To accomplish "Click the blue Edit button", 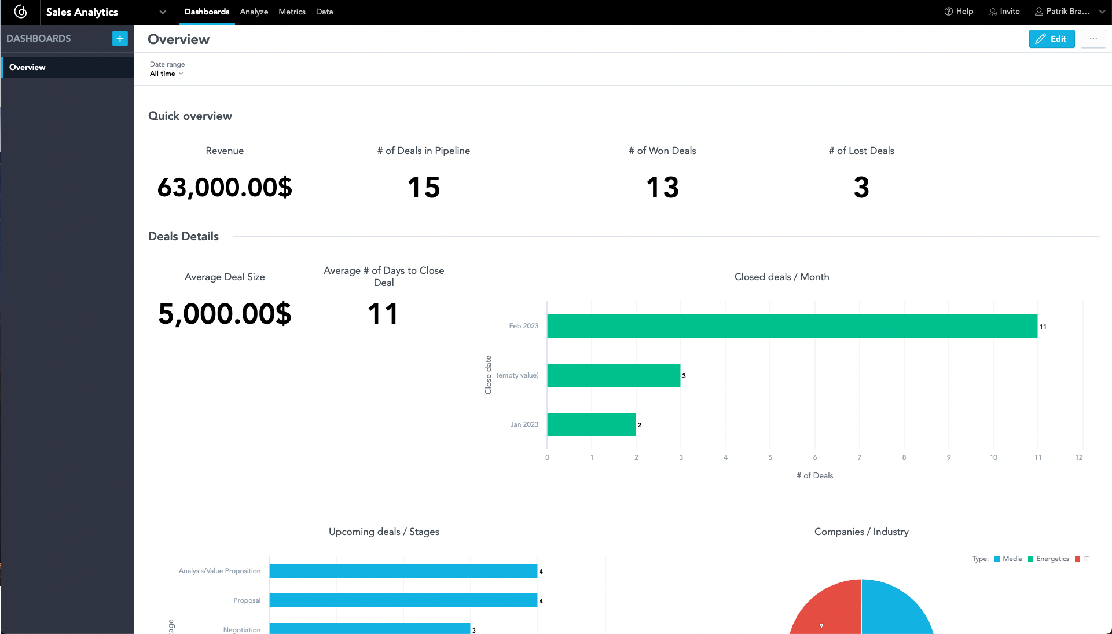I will click(1051, 39).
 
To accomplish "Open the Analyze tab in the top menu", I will click(254, 12).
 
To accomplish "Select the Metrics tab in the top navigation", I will click(292, 12).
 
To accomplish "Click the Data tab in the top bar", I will click(324, 12).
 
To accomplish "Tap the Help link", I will click(959, 12).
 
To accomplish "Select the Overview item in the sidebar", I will click(27, 67).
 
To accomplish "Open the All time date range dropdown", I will click(166, 74).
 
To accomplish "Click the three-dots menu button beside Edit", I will click(1093, 39).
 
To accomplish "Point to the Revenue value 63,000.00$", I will click(225, 187).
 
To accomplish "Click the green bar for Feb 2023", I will click(792, 326).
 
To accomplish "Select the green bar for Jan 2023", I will click(591, 424).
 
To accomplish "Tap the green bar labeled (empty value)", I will click(614, 375).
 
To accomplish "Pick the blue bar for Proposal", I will click(403, 600).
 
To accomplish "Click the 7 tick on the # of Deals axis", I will click(859, 457).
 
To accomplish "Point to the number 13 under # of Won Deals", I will click(662, 187).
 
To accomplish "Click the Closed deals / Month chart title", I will click(781, 277).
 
